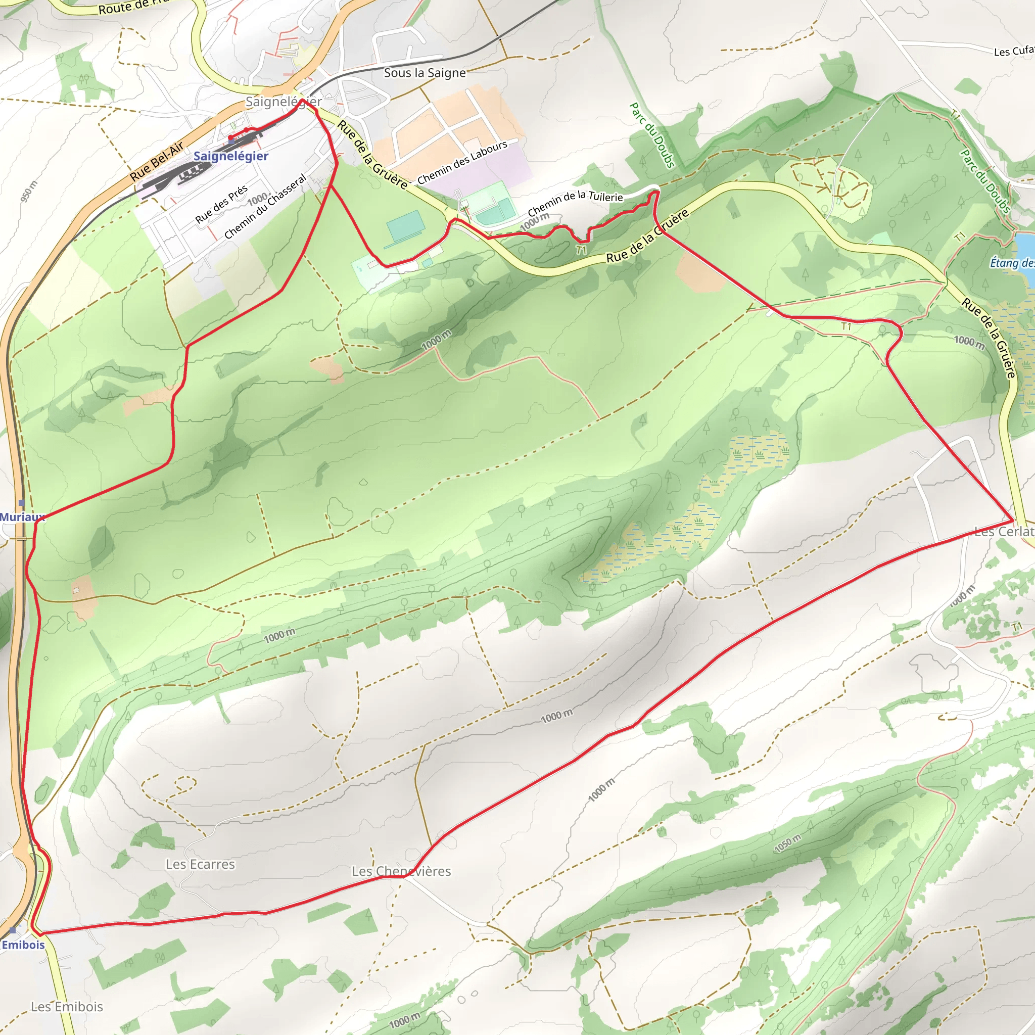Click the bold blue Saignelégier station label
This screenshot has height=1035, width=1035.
pyautogui.click(x=231, y=157)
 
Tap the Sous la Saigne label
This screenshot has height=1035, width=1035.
pyautogui.click(x=425, y=73)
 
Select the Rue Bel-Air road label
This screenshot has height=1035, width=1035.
pyautogui.click(x=157, y=161)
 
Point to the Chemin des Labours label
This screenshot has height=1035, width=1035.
pyautogui.click(x=462, y=162)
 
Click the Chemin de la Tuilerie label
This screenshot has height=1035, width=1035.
pyautogui.click(x=575, y=204)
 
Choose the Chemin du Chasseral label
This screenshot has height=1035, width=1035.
pyautogui.click(x=265, y=206)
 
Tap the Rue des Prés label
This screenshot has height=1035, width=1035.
pyautogui.click(x=221, y=204)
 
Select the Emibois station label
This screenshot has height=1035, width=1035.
pyautogui.click(x=23, y=945)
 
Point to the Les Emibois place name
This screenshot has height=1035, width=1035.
pyautogui.click(x=67, y=1007)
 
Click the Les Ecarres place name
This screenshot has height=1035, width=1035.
pyautogui.click(x=200, y=864)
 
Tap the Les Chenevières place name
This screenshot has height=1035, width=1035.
pyautogui.click(x=401, y=871)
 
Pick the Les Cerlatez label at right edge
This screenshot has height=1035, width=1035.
pyautogui.click(x=1004, y=532)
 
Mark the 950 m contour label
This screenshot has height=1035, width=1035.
pyautogui.click(x=29, y=191)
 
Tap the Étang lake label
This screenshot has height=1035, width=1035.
pyautogui.click(x=1011, y=262)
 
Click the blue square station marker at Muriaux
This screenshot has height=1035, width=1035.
pyautogui.click(x=21, y=503)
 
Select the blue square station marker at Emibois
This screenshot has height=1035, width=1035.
pyautogui.click(x=12, y=930)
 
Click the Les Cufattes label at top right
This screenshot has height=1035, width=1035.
pyautogui.click(x=1014, y=52)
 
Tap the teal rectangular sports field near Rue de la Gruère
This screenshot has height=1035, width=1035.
pyautogui.click(x=405, y=226)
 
